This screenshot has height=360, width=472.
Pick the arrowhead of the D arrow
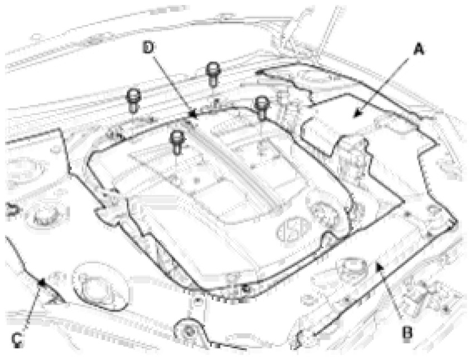click(189, 118)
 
